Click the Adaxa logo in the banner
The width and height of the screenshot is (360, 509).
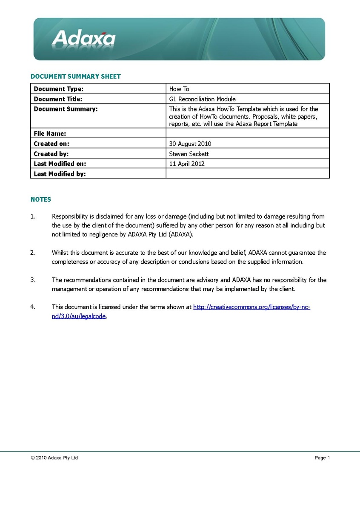pos(84,38)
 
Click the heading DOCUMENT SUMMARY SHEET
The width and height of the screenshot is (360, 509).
pos(76,77)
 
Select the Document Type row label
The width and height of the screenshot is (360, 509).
pos(59,89)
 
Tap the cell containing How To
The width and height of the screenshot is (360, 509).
pos(179,89)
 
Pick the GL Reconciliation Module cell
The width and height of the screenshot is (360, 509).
pos(202,99)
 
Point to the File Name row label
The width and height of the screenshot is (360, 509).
pos(50,134)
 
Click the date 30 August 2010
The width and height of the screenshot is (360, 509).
pos(190,144)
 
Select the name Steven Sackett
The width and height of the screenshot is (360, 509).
pos(189,154)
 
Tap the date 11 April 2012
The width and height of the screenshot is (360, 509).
pos(187,164)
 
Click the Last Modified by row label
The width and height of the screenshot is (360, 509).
pos(60,174)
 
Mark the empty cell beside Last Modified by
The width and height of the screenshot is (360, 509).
pos(247,173)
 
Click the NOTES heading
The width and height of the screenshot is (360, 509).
pos(41,199)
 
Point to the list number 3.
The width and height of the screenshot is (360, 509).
pos(33,280)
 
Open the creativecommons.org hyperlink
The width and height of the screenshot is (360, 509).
pos(251,307)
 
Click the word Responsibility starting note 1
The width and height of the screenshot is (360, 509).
pos(70,216)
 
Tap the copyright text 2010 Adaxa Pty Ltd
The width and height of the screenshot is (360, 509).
pos(54,458)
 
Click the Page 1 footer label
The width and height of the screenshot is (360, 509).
pos(322,458)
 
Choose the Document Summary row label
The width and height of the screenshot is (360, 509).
pos(66,109)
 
